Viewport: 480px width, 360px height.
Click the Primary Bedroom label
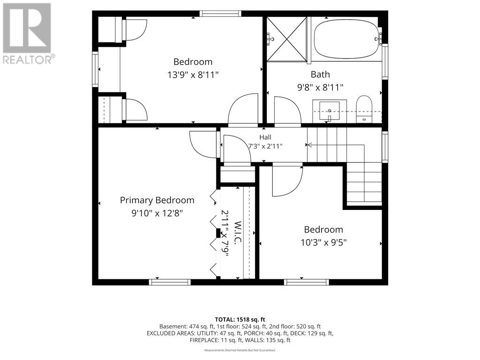coord(157,200)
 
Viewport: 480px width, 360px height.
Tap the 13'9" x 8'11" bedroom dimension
coord(193,75)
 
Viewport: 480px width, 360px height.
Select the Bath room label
coord(320,74)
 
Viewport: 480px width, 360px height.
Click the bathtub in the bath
coord(346,39)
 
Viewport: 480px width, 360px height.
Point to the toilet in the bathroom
coord(364,109)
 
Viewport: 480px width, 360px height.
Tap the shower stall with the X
coord(286,39)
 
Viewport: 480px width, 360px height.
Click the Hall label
coord(265,137)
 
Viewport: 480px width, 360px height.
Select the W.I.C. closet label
coord(238,232)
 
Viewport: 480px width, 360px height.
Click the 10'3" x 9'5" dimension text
coord(323,242)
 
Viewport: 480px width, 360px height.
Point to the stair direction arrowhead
coord(308,145)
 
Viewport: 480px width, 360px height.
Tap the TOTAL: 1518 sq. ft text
coord(240,320)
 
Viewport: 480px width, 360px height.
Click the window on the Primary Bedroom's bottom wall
coord(170,282)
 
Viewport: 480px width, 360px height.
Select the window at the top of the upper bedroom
coord(220,14)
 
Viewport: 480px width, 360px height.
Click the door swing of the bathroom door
coord(287,110)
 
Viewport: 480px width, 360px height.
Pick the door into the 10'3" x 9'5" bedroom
coord(287,181)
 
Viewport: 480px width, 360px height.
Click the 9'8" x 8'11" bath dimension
coord(320,88)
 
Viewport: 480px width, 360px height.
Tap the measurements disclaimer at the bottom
coord(240,350)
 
